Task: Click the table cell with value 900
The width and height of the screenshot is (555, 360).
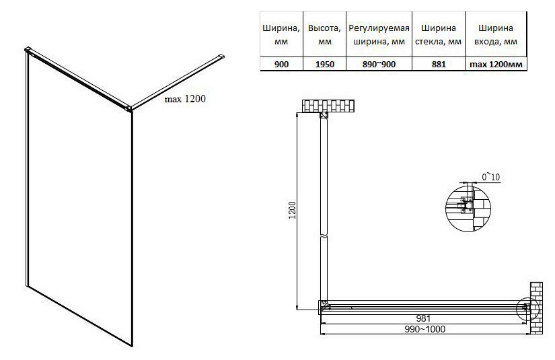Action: [281, 64]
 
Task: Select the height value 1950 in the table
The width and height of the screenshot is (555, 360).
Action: [324, 64]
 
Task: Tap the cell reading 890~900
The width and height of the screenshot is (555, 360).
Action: [379, 64]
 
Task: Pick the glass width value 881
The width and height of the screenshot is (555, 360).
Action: [439, 64]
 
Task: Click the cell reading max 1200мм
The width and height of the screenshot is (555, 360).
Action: [496, 65]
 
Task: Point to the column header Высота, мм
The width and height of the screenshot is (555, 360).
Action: [324, 35]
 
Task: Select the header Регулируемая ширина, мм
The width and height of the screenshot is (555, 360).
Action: [379, 35]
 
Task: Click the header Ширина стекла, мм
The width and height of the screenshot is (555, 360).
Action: [439, 35]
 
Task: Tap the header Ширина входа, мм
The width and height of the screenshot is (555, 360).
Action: [496, 35]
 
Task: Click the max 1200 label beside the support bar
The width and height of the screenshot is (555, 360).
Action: [185, 99]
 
